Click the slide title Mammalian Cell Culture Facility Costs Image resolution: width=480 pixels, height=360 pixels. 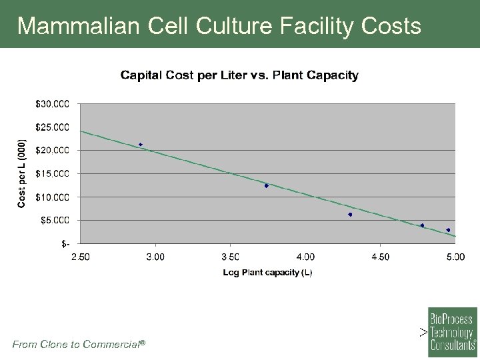click(219, 25)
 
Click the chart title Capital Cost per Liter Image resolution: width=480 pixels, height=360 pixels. click(239, 75)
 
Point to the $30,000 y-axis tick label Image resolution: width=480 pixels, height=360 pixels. click(51, 104)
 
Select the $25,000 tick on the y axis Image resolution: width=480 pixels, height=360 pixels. click(51, 127)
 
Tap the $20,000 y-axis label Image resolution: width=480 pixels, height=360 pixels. click(51, 150)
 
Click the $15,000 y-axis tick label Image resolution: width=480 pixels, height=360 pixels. click(51, 173)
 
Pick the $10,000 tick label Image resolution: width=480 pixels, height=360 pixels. click(51, 197)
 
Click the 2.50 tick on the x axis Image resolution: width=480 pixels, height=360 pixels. click(80, 257)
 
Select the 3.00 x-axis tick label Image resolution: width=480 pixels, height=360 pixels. click(155, 257)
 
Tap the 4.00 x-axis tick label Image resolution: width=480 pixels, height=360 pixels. click(305, 257)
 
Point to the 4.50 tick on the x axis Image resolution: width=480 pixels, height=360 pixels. click(380, 257)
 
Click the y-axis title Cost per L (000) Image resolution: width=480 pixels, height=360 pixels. click(22, 173)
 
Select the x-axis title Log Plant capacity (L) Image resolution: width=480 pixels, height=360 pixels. click(267, 273)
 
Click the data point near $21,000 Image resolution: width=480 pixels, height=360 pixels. click(141, 145)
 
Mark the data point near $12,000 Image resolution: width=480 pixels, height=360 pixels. click(266, 186)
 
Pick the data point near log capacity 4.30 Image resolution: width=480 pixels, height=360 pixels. click(350, 215)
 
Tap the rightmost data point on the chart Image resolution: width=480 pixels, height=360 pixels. click(448, 230)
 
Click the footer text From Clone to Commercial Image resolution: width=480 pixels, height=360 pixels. click(79, 344)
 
